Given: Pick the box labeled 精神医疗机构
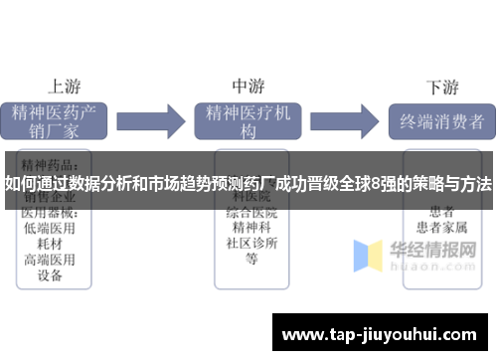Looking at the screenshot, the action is pos(248,121).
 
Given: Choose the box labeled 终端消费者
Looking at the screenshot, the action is pos(441,121).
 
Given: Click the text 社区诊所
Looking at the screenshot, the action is pos(250,243).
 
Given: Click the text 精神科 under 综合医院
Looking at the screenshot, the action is pos(250,227).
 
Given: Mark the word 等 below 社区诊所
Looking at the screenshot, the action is pos(250,259).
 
